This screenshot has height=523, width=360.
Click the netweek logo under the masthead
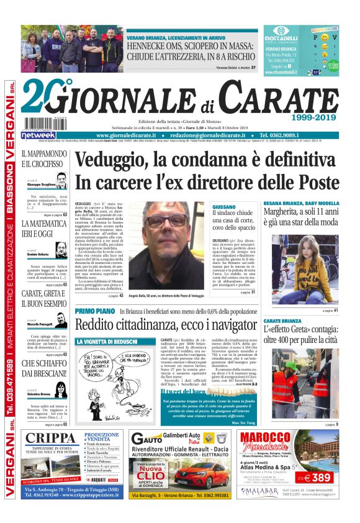pyautogui.click(x=39, y=135)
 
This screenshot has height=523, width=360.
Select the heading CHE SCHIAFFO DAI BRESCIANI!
pyautogui.click(x=44, y=368)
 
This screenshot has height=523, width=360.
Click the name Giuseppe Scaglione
pyautogui.click(x=41, y=185)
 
